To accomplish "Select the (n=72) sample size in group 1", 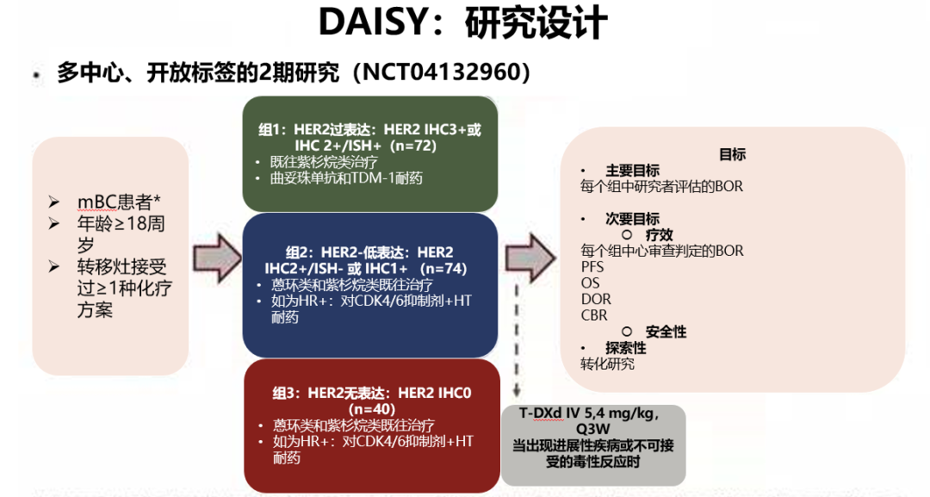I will (x=413, y=146).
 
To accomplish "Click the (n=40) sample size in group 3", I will (x=372, y=408).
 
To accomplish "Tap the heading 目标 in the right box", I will (x=732, y=155).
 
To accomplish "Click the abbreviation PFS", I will (x=592, y=267).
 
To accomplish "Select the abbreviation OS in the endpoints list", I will (x=590, y=283).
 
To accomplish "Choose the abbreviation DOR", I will (x=595, y=299).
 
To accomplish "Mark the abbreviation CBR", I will (x=594, y=315).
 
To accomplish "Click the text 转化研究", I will (x=608, y=364).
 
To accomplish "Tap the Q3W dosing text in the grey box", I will (x=593, y=429).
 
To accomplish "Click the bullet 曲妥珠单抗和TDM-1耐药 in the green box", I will (x=347, y=178).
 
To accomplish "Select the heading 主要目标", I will (x=632, y=171).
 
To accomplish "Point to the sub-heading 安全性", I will (x=666, y=332).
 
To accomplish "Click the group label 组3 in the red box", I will (x=286, y=393).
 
